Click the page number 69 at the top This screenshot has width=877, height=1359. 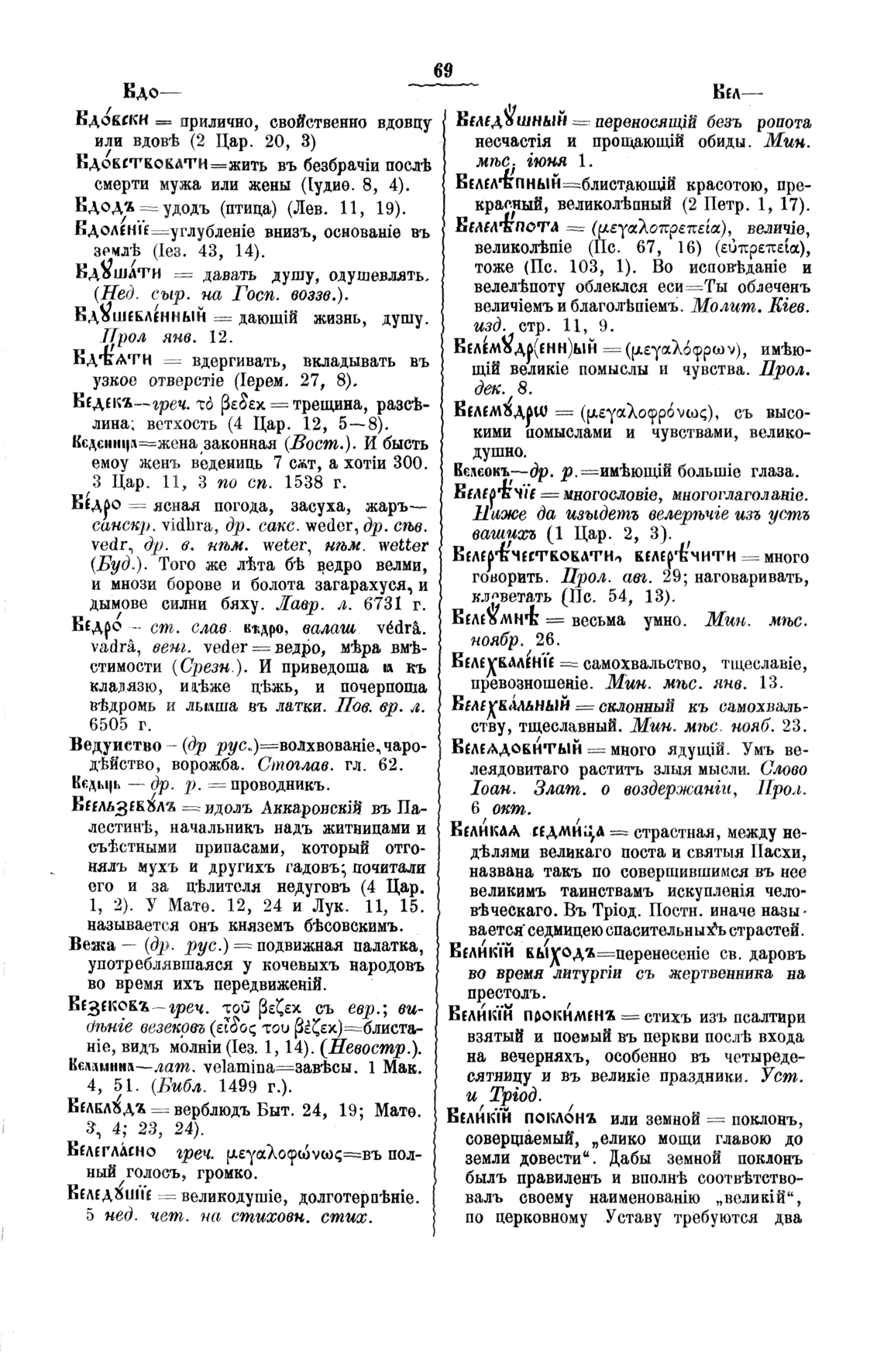(x=442, y=70)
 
